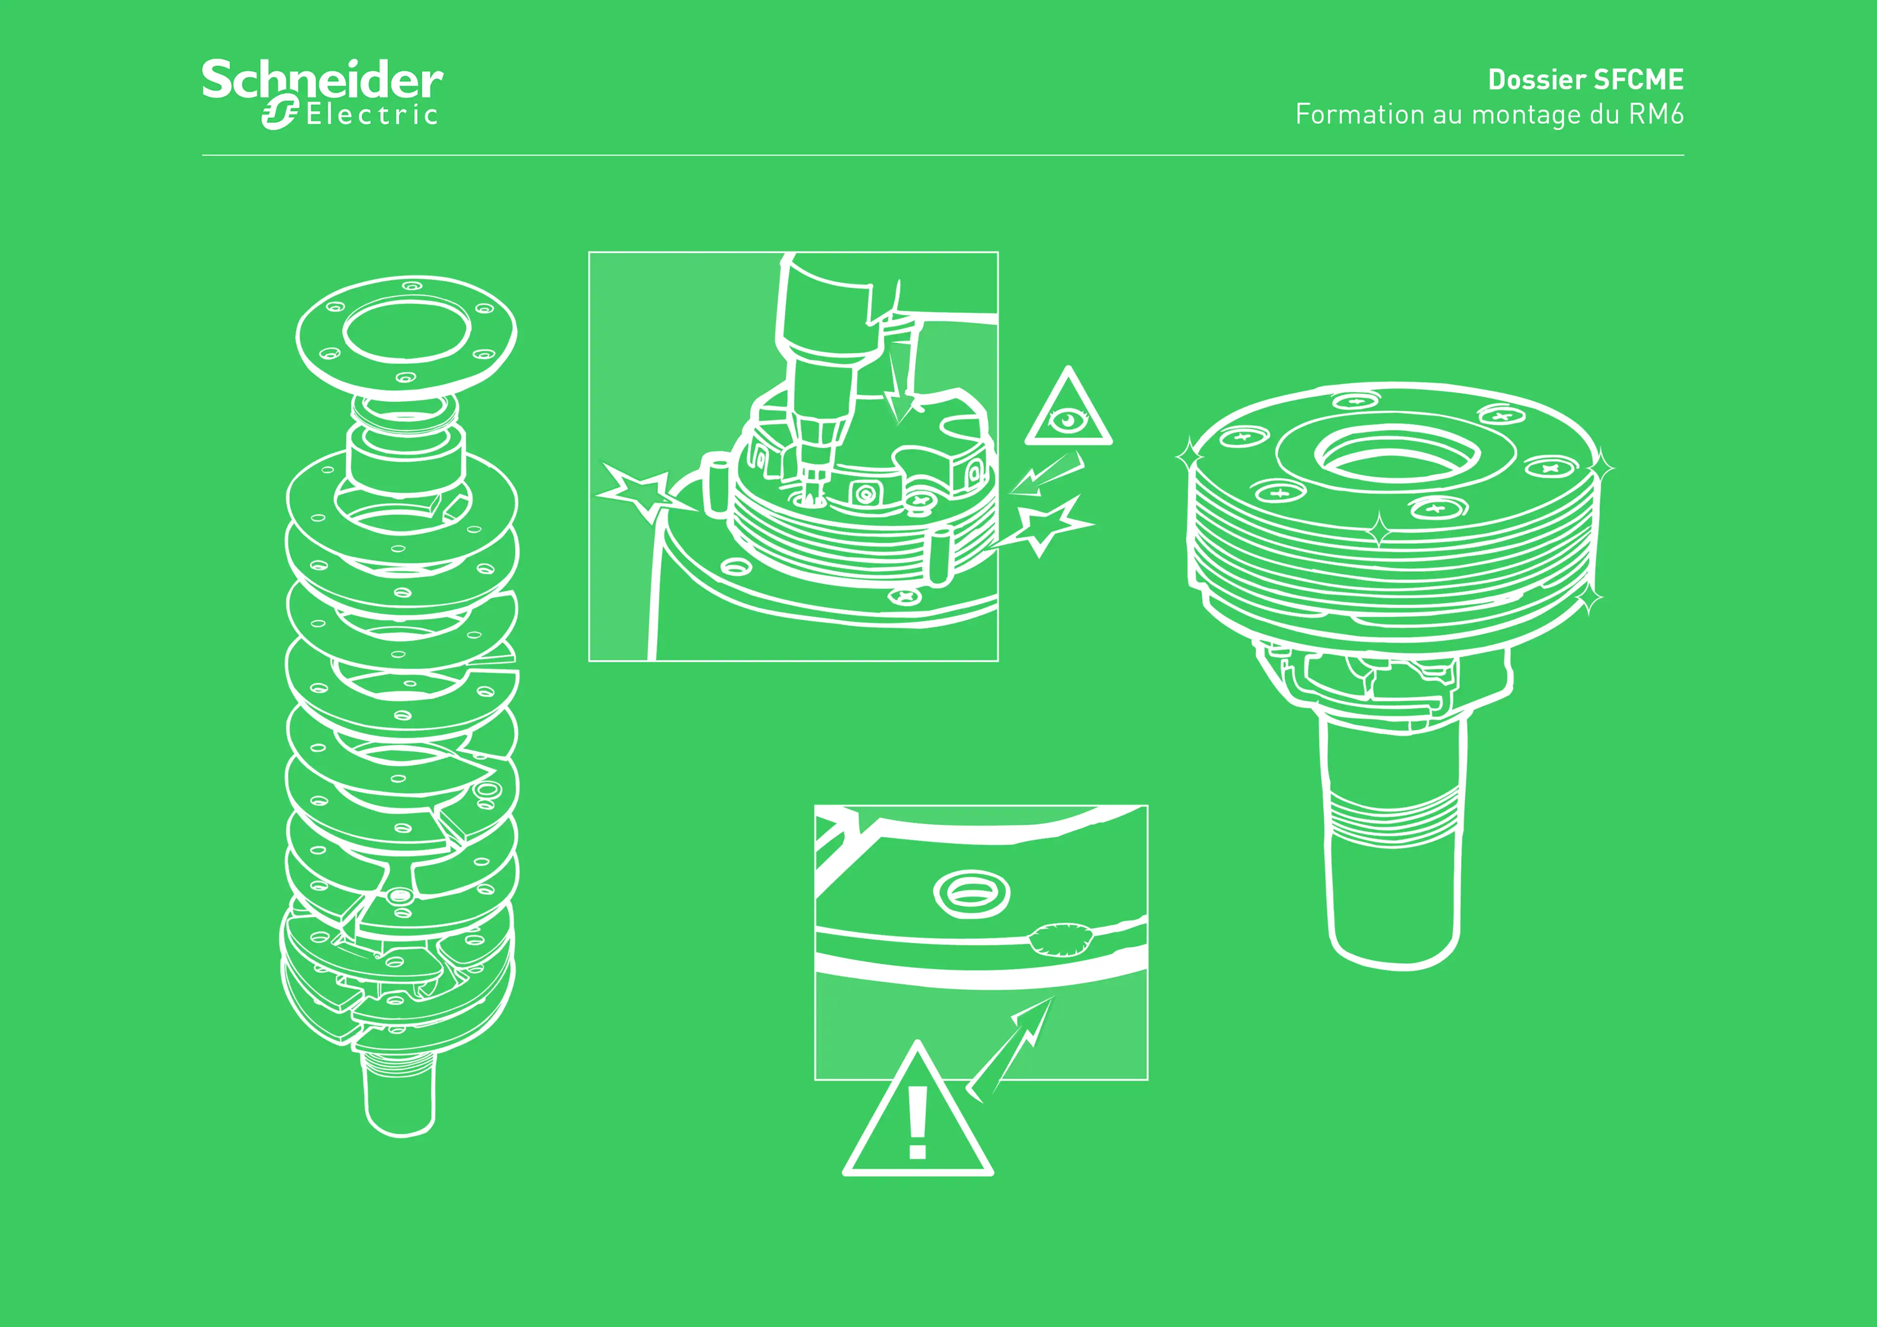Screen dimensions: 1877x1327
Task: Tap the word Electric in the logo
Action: [x=372, y=114]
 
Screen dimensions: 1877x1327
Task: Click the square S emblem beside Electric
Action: [x=280, y=112]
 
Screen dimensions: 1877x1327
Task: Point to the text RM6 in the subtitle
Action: [x=1656, y=114]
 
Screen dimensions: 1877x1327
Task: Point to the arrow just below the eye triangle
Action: [x=1047, y=474]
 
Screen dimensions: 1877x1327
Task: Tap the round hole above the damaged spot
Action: [x=971, y=894]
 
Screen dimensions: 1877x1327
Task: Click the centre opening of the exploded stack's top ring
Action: [x=406, y=330]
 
